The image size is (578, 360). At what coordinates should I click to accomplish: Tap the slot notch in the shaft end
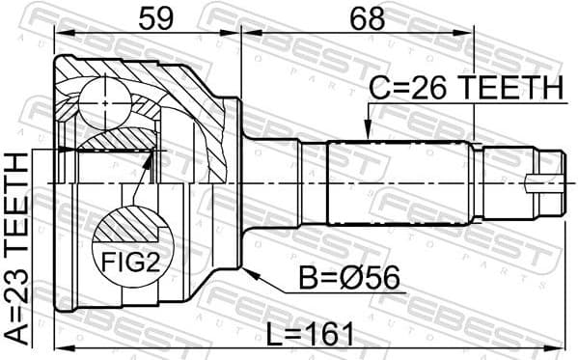533,181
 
